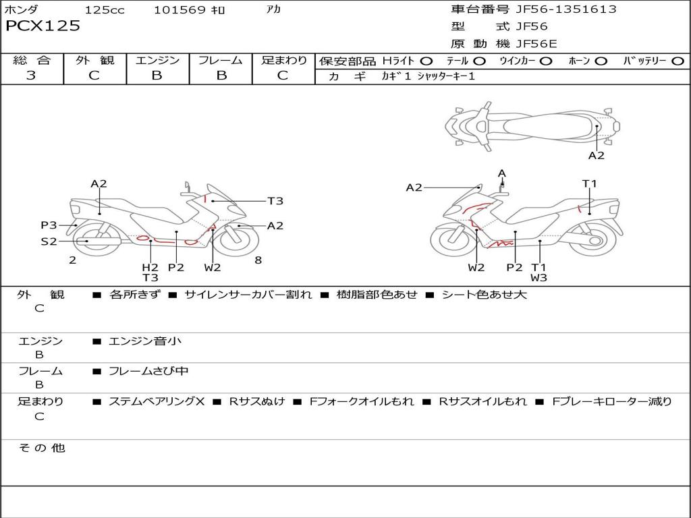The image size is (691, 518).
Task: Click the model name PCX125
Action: [x=43, y=26]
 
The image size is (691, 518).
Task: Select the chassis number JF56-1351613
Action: [x=565, y=9]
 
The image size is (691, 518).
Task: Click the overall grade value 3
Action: [x=31, y=76]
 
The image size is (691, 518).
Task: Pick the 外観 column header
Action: [x=94, y=60]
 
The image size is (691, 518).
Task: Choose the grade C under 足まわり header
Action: [x=283, y=76]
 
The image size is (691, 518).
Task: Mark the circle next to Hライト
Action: [x=426, y=61]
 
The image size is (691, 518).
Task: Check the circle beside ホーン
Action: [x=601, y=61]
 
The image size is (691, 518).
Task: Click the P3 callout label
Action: [x=49, y=225]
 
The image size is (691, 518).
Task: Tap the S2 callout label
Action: [x=49, y=241]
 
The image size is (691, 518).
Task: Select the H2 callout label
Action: [x=150, y=267]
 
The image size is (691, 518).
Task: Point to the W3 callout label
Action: [x=538, y=277]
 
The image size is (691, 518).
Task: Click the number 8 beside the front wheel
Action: [x=258, y=260]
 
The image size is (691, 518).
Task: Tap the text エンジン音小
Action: [x=145, y=341]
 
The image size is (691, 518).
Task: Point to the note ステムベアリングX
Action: [x=157, y=401]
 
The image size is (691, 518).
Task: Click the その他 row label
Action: [x=41, y=448]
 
